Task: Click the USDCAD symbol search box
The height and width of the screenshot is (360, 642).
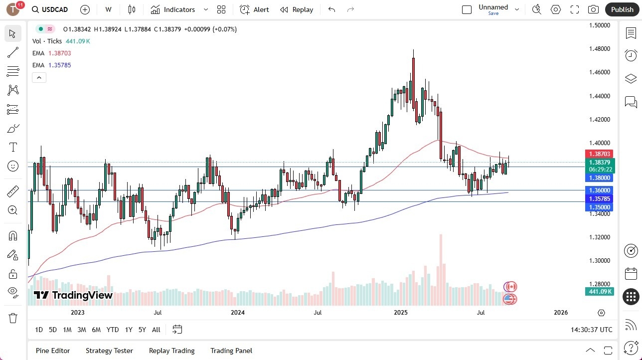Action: (x=50, y=9)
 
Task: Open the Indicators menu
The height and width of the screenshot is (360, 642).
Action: (x=179, y=9)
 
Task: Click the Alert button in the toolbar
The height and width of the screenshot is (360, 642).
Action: (x=254, y=9)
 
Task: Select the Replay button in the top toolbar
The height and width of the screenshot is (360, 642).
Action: (x=297, y=9)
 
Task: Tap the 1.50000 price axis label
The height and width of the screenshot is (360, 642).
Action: (x=600, y=25)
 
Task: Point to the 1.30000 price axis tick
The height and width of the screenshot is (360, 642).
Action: (x=600, y=261)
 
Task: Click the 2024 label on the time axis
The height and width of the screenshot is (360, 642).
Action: (x=238, y=313)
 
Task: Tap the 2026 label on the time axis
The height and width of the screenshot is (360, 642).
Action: (x=561, y=313)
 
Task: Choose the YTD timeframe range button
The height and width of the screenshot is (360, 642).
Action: (x=113, y=330)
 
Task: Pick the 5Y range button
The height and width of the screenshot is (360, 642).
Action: (x=142, y=330)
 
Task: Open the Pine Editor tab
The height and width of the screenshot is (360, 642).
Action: (x=53, y=351)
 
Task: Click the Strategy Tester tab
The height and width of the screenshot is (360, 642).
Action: (x=109, y=351)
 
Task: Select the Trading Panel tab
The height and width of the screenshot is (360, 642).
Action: (x=231, y=351)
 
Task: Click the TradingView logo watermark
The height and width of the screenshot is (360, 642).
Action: (x=73, y=295)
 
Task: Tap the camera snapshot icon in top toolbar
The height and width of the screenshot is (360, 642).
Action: (x=593, y=9)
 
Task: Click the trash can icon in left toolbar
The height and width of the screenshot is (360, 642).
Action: (x=13, y=318)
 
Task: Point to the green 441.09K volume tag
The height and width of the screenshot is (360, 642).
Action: (x=600, y=292)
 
